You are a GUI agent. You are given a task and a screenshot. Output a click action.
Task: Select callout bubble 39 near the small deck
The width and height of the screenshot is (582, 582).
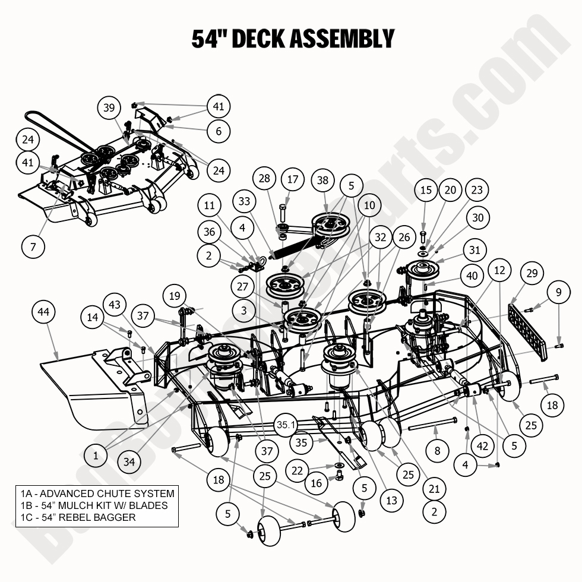(109, 108)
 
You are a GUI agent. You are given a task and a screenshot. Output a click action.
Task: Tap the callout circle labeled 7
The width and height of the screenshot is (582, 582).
(33, 246)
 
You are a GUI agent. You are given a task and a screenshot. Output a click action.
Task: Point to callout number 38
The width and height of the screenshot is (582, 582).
(322, 179)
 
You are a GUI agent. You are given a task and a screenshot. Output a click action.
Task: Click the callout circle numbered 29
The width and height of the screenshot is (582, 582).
(532, 274)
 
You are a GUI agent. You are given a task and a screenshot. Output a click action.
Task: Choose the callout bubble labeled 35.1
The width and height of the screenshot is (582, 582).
(286, 425)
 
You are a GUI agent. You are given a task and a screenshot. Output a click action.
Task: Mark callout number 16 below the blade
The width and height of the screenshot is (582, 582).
(317, 483)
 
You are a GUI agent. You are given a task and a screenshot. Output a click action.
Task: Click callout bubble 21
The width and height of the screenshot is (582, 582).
(434, 489)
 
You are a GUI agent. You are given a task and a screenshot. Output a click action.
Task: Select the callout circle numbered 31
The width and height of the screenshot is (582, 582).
(474, 251)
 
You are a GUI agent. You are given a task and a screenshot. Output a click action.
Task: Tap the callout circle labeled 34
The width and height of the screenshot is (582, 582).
(126, 460)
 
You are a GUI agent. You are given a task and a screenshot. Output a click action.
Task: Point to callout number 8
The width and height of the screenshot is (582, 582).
(438, 451)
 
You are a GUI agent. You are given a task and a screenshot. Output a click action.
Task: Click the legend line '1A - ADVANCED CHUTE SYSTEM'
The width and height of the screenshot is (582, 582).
(97, 494)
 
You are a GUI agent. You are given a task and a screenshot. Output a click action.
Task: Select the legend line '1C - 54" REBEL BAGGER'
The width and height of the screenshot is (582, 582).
(78, 517)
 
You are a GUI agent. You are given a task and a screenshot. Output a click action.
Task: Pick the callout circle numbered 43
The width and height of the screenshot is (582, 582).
(115, 305)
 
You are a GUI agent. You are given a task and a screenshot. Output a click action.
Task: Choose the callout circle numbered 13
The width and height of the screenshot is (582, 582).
(391, 501)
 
